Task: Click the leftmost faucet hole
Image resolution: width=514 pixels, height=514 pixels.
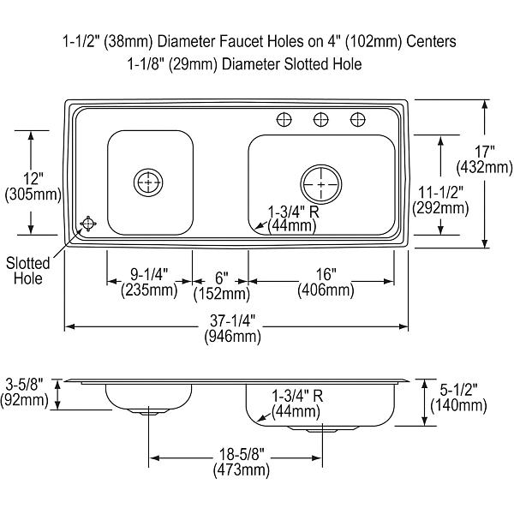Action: tap(284, 120)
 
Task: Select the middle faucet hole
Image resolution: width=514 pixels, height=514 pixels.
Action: tap(321, 120)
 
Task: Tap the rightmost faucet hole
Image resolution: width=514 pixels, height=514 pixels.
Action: tap(357, 120)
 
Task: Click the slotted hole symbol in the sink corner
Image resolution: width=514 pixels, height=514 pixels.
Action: tap(88, 224)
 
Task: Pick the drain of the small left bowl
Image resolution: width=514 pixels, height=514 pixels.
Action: tap(148, 182)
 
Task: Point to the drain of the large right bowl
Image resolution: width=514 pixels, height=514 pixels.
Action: tap(321, 184)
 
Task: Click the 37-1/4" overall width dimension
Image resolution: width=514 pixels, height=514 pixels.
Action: tap(232, 320)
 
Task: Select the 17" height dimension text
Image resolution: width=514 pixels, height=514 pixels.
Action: tap(485, 152)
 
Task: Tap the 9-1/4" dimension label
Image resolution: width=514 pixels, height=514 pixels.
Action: tap(149, 274)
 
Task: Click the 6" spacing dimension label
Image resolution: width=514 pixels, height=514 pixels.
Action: tap(221, 278)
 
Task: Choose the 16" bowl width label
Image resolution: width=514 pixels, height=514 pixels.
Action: tap(326, 274)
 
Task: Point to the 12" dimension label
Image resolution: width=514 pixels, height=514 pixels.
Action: tap(33, 179)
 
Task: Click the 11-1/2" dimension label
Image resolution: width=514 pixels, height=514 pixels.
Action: tap(440, 193)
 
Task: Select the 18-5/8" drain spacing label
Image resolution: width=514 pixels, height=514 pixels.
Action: tap(242, 455)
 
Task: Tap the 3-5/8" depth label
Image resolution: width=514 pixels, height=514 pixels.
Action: tap(25, 384)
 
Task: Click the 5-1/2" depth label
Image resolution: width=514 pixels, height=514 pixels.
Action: tap(458, 390)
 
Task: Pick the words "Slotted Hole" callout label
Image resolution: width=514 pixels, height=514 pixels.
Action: tap(28, 271)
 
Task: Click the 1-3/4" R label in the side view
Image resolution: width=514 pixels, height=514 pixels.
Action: tap(297, 396)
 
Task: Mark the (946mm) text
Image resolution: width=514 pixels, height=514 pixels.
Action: tap(233, 337)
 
